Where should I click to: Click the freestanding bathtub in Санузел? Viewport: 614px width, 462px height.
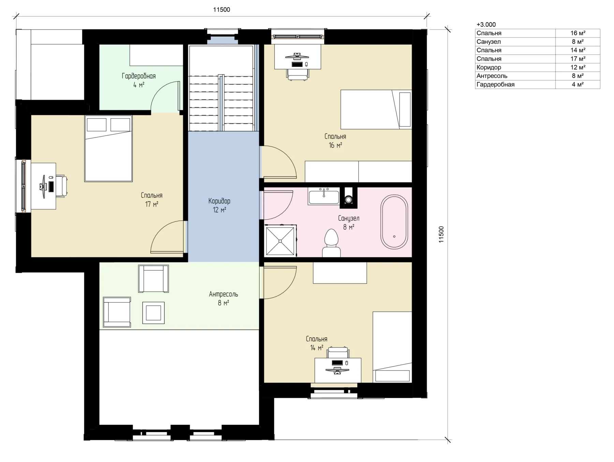coord(394,222)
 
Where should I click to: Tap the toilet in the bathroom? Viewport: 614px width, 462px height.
coord(331,243)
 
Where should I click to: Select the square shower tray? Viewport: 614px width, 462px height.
coord(280,241)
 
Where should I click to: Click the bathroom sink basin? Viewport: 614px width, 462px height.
coord(324,196)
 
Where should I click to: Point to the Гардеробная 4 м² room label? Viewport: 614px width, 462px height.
coord(139,80)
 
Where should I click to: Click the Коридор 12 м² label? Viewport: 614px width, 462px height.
coord(219,205)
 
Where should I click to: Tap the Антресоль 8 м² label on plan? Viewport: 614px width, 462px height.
coord(223,298)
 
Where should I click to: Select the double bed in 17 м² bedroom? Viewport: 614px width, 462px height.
coord(108,149)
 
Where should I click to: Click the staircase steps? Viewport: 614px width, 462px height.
coord(221,102)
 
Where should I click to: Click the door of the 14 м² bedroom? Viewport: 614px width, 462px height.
coord(278,283)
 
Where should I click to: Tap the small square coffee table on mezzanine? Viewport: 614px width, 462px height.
coord(153,313)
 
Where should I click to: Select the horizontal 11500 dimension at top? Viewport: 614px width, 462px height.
coord(222,16)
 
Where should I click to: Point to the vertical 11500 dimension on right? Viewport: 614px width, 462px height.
coord(448,235)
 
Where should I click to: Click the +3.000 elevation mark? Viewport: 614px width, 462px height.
coord(486,25)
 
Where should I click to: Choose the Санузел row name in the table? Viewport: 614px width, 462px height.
coord(488,42)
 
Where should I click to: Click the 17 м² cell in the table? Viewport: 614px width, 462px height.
coord(578,59)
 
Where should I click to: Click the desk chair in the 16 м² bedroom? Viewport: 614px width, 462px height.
coord(298,74)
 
